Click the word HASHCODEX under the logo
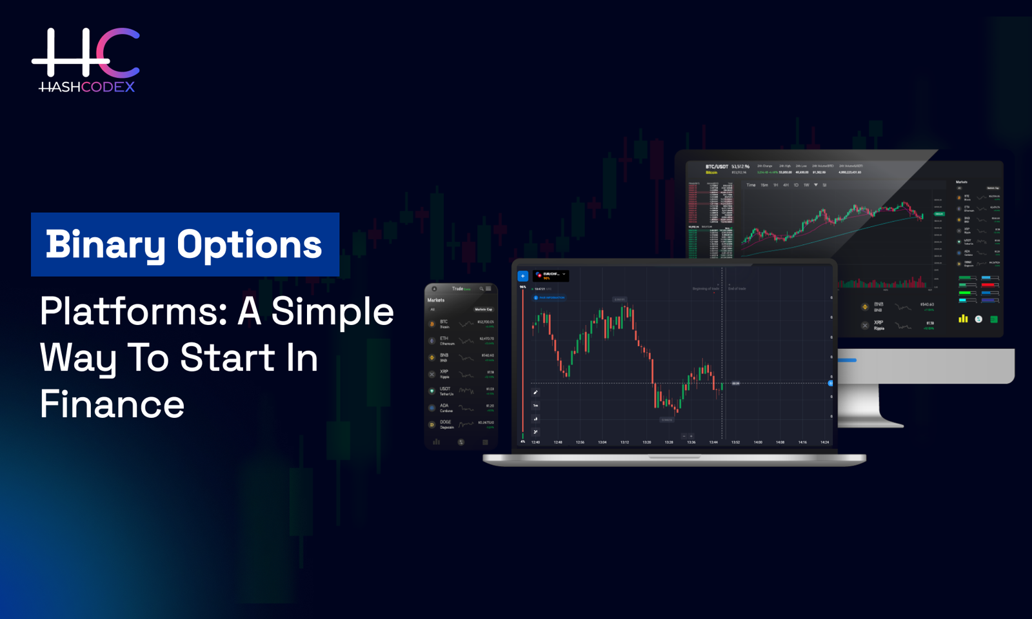click(x=87, y=87)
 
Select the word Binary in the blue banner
click(x=105, y=245)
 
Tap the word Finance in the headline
click(x=112, y=404)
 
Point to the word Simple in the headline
click(x=332, y=311)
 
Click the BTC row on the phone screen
click(x=461, y=324)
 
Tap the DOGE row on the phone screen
click(x=461, y=424)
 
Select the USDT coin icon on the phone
click(x=432, y=391)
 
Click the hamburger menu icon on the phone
click(x=488, y=289)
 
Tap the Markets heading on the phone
click(x=436, y=300)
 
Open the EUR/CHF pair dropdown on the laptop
click(x=551, y=275)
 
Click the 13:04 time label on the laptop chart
click(x=602, y=442)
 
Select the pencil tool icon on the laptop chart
click(x=535, y=392)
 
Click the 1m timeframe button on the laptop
click(x=535, y=406)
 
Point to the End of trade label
click(x=737, y=289)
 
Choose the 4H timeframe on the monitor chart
click(x=786, y=185)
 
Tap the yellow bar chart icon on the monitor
click(x=963, y=319)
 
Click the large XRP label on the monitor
click(x=878, y=322)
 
